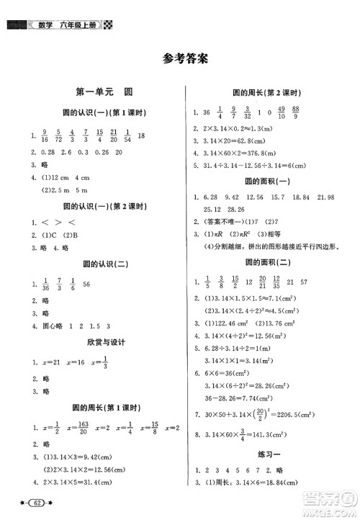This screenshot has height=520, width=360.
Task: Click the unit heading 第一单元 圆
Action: click(x=100, y=92)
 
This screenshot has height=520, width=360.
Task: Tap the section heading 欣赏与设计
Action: click(x=100, y=342)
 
